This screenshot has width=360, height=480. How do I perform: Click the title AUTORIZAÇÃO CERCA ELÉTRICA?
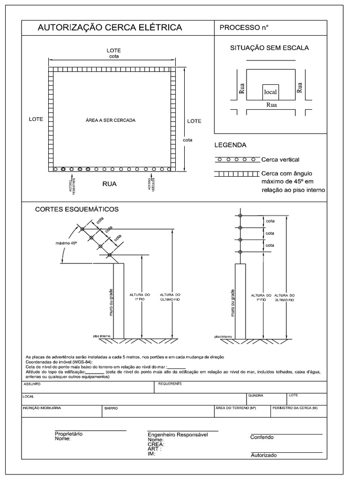pos(110,28)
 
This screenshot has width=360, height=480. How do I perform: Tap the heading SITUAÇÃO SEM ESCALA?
pos(269,48)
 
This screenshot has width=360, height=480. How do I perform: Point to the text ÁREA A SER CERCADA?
pos(111,120)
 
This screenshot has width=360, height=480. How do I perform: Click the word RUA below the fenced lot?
pos(109,184)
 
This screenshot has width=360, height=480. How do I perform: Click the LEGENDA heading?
pos(230,145)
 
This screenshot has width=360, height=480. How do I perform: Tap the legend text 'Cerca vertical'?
pos(280,159)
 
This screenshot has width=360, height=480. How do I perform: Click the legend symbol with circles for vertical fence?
pos(237,159)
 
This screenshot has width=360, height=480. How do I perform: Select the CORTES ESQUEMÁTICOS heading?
pos(77,209)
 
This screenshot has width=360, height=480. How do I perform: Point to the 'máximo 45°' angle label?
pos(67,243)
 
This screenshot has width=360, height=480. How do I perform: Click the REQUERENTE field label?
pos(170,384)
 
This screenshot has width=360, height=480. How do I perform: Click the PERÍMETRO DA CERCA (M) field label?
pos(295,408)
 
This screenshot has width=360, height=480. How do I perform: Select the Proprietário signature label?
pos(68,434)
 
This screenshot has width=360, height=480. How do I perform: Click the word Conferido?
pos(262,437)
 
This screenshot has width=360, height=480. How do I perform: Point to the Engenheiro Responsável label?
pos(177,435)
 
